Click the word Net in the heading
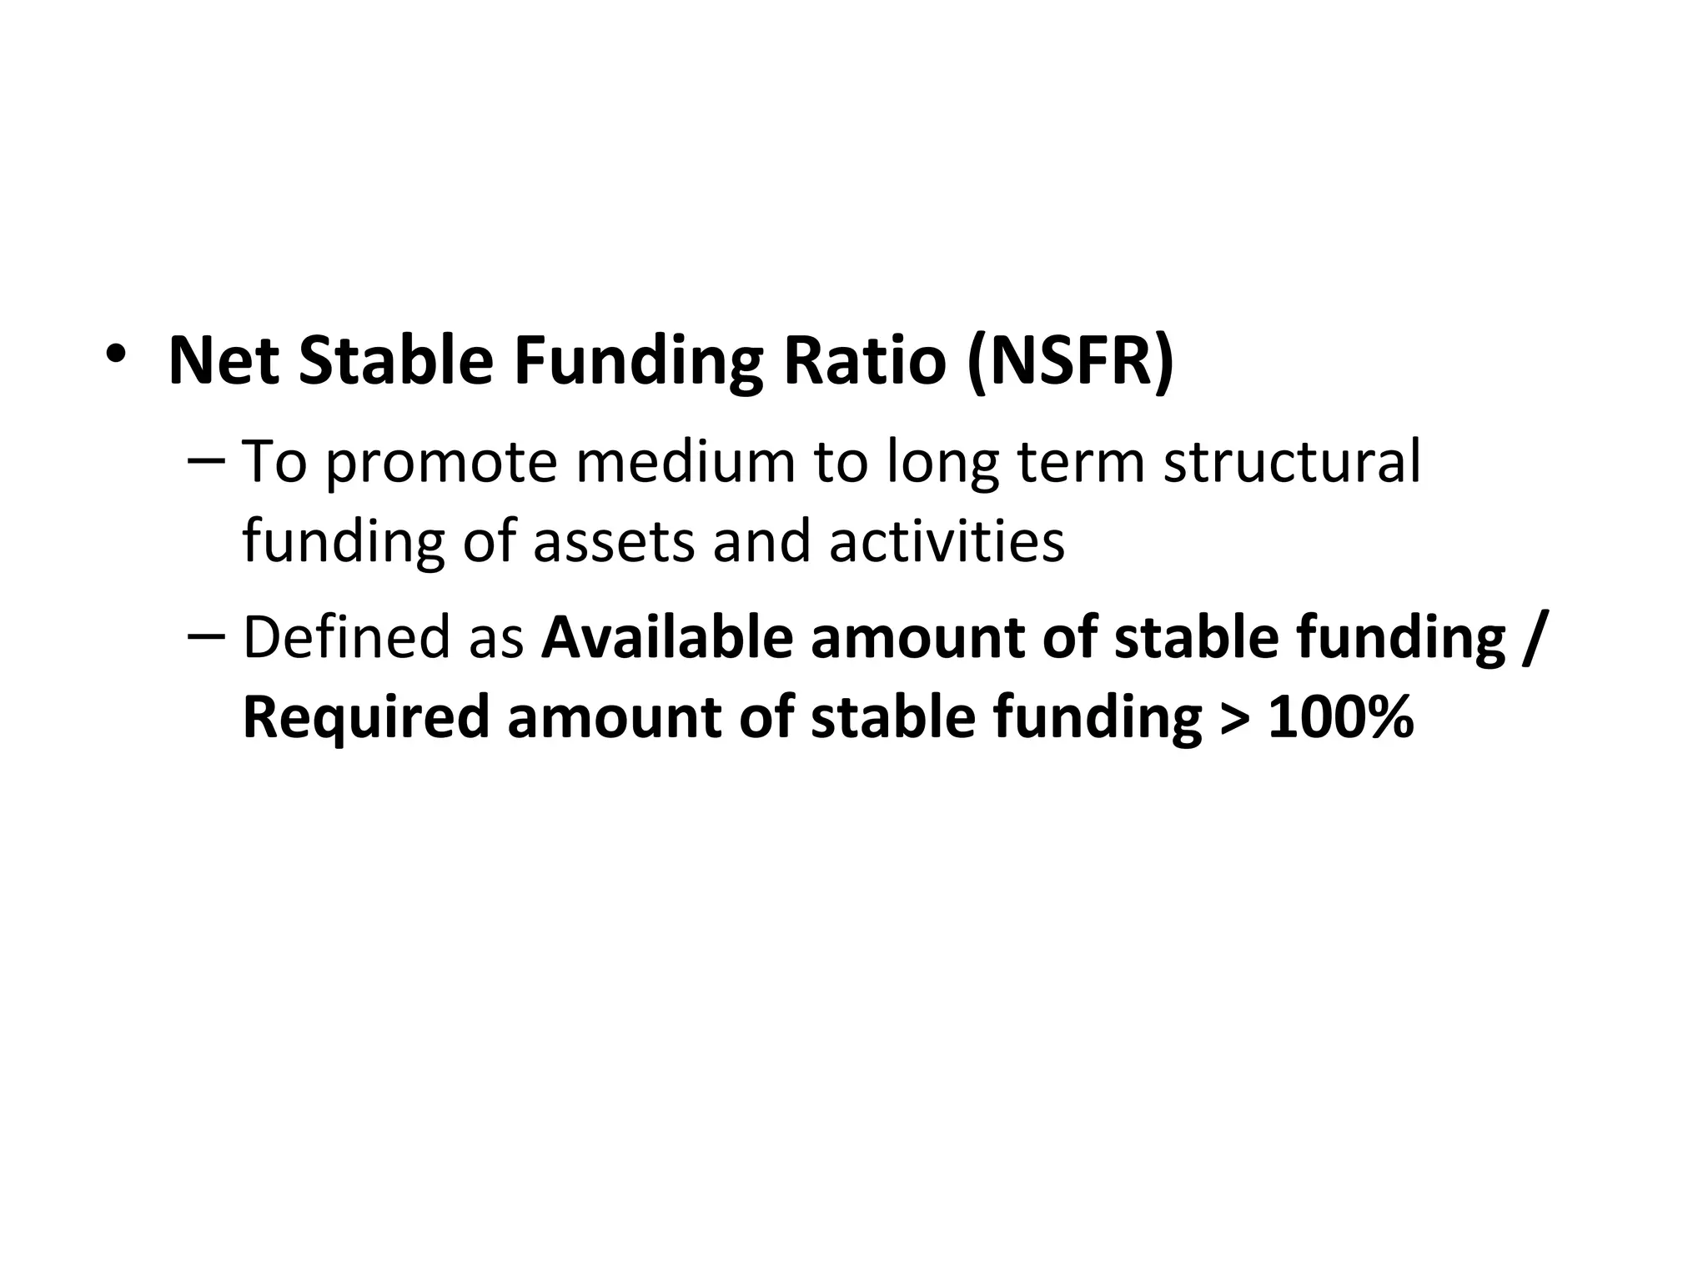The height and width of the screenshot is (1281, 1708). click(x=224, y=361)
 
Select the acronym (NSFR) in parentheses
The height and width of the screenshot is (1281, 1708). click(x=1071, y=361)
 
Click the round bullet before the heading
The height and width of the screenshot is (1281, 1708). click(x=116, y=354)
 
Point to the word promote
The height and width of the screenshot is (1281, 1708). click(x=441, y=463)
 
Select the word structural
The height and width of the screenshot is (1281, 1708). click(x=1292, y=463)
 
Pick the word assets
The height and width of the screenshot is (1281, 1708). click(x=614, y=541)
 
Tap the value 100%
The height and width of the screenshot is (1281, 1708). click(x=1341, y=717)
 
